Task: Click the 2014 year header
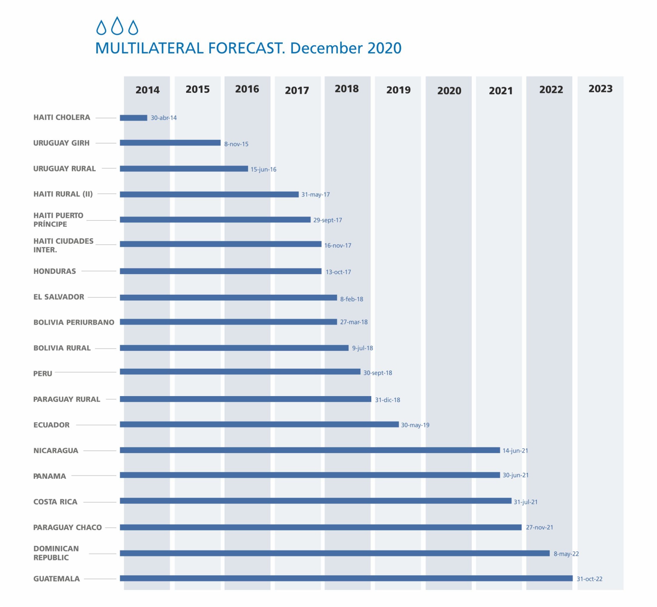click(148, 90)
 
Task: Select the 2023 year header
click(600, 89)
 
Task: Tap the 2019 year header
click(398, 90)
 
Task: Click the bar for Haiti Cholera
click(133, 118)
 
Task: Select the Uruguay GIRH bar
click(170, 143)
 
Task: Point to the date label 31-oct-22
click(589, 579)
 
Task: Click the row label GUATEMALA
click(56, 579)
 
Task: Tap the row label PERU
click(43, 373)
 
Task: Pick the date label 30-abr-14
click(163, 118)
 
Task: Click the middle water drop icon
click(117, 26)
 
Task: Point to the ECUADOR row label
click(51, 425)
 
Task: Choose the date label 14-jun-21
click(515, 450)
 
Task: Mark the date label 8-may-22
click(566, 554)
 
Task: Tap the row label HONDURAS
click(55, 271)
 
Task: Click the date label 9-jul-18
click(362, 348)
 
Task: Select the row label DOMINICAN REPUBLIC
click(56, 553)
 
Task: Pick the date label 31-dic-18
click(388, 400)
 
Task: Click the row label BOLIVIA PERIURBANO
click(74, 322)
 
